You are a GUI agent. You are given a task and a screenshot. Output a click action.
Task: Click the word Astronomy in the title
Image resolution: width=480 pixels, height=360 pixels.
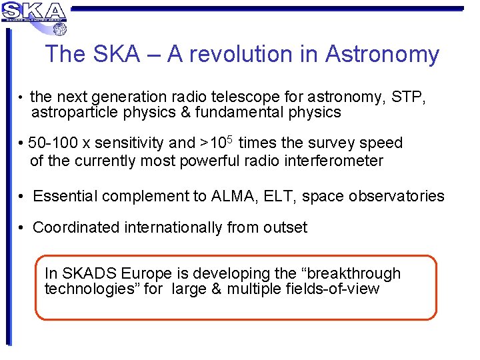pyautogui.click(x=382, y=54)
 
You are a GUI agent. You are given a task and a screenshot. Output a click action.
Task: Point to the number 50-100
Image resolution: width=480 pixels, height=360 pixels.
pyautogui.click(x=54, y=143)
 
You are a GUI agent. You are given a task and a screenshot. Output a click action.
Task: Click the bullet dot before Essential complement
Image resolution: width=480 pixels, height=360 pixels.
pyautogui.click(x=22, y=196)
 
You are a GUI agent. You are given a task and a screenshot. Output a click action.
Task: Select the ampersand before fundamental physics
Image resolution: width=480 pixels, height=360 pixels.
pyautogui.click(x=185, y=113)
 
